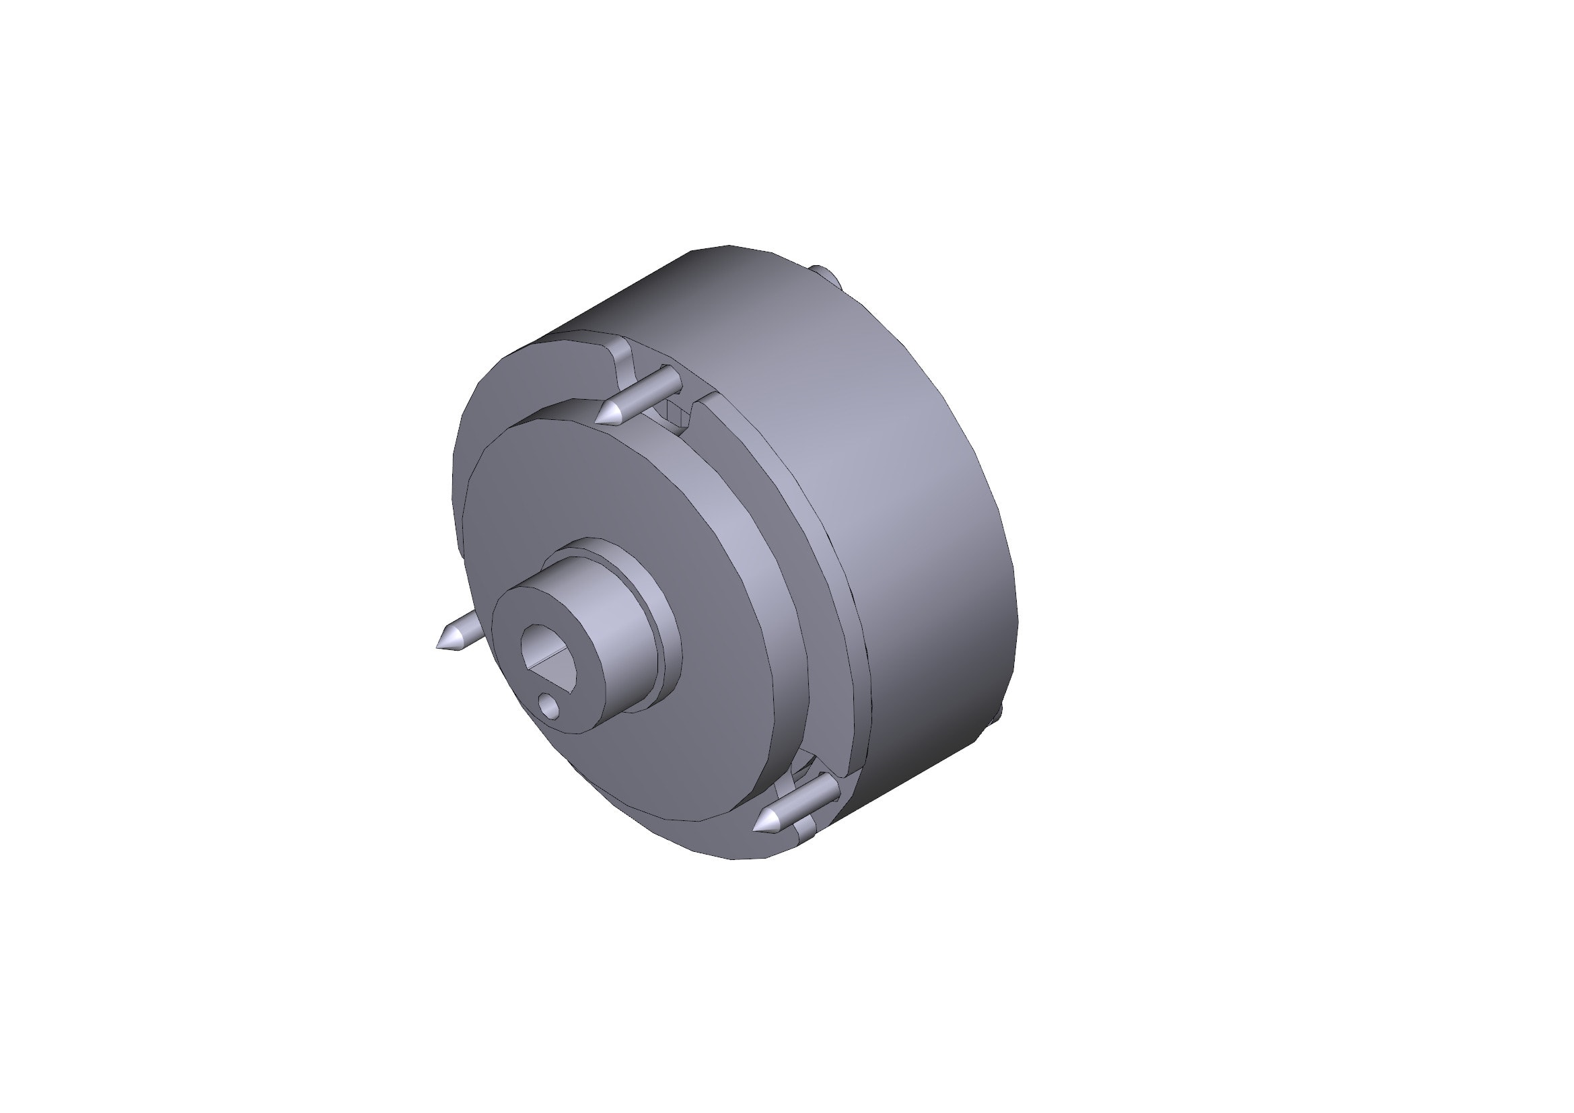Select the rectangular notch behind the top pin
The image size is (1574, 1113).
(674, 415)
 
